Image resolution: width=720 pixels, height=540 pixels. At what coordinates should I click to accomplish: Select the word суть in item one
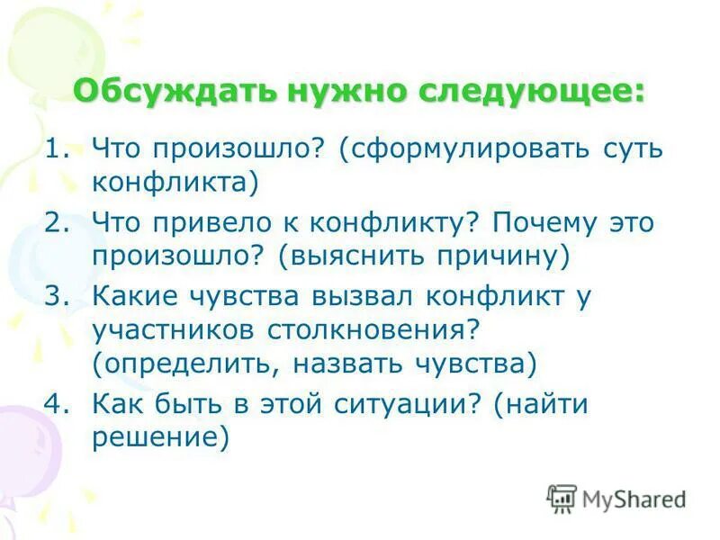pos(632,148)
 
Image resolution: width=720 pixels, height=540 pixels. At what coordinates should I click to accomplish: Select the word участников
pos(174,329)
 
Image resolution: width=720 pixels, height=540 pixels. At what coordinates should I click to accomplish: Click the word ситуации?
pos(409,404)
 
